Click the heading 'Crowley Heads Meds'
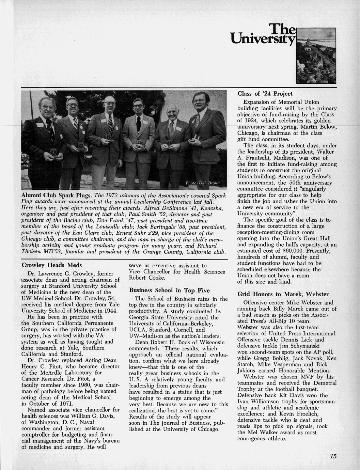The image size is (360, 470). click(51, 265)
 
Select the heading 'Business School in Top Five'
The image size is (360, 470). click(169, 290)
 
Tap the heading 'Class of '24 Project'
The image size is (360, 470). click(265, 94)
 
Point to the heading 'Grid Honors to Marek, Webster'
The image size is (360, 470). click(283, 294)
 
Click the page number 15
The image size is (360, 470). click(333, 456)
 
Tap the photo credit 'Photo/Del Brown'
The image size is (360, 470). click(203, 183)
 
